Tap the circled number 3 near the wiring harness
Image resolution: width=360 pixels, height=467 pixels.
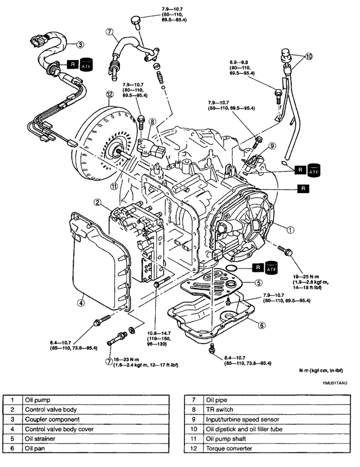tap(80, 44)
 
